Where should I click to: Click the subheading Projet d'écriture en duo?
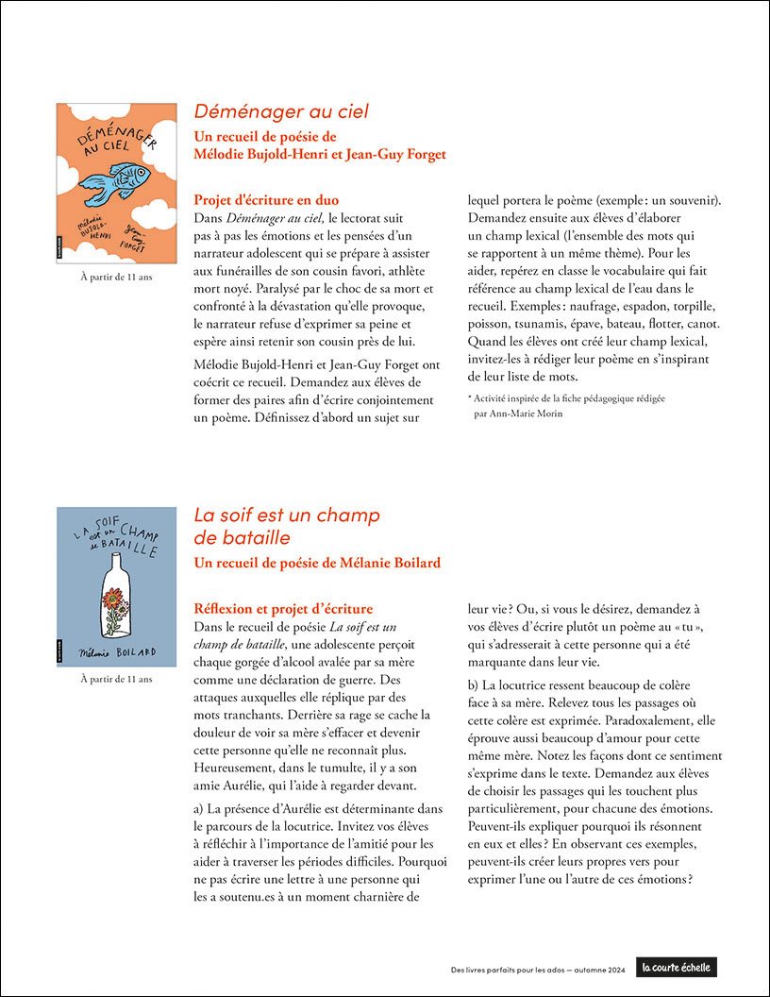(x=265, y=200)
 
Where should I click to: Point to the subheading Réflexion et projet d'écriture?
(x=283, y=609)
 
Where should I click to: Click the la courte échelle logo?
(x=677, y=967)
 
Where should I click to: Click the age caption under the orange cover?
(x=116, y=277)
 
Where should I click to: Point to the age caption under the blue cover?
(x=116, y=678)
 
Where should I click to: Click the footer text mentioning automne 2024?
(x=538, y=968)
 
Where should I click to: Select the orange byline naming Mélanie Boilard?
(x=317, y=564)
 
